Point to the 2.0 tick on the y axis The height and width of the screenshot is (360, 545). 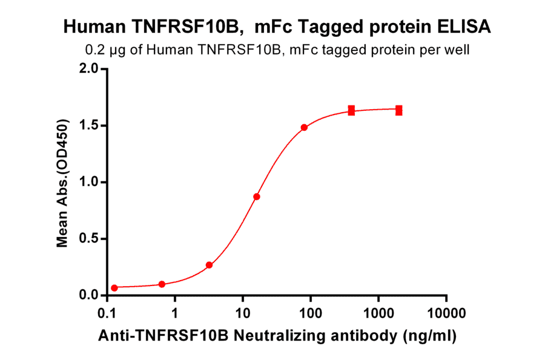pyautogui.click(x=88, y=69)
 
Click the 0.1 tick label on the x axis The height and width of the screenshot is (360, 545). pyautogui.click(x=107, y=315)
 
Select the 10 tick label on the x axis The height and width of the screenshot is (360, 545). pyautogui.click(x=242, y=315)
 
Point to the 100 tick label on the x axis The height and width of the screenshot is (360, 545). pyautogui.click(x=310, y=315)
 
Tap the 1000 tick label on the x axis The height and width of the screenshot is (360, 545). pyautogui.click(x=378, y=315)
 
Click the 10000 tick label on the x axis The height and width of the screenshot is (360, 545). pyautogui.click(x=446, y=315)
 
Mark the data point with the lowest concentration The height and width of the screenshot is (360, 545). pyautogui.click(x=114, y=288)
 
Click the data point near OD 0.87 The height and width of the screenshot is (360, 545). pyautogui.click(x=257, y=197)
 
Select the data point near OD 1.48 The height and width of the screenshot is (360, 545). pyautogui.click(x=304, y=127)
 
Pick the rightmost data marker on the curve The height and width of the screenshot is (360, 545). pyautogui.click(x=399, y=110)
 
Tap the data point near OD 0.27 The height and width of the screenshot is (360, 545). pyautogui.click(x=209, y=265)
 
